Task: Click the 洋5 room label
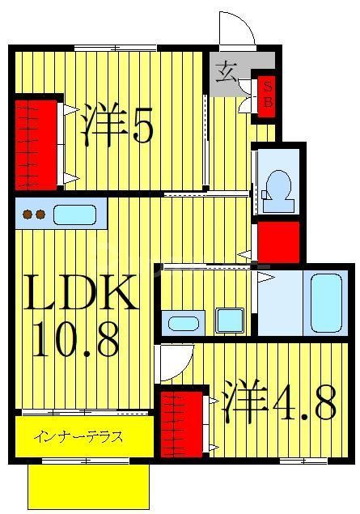(x=118, y=124)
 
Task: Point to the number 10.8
(x=76, y=340)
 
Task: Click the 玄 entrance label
(x=227, y=74)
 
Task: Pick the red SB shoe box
(x=265, y=96)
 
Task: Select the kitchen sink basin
(x=74, y=215)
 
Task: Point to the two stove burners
(x=32, y=215)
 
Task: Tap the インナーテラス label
(x=79, y=438)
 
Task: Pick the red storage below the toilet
(x=277, y=241)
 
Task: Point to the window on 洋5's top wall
(x=112, y=49)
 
